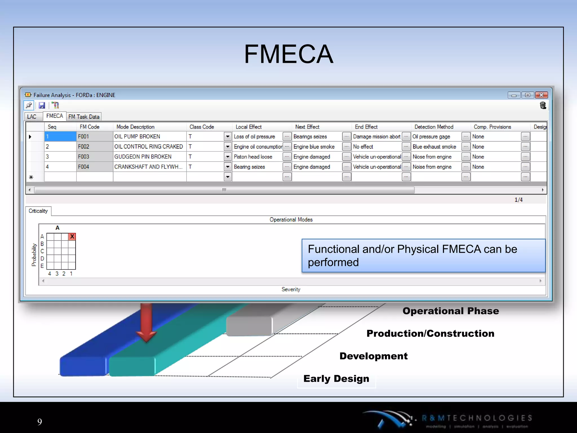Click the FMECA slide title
coord(288,54)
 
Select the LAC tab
coord(32,117)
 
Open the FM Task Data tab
coord(84,117)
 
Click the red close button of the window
coord(541,95)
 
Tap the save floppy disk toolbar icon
coord(42,105)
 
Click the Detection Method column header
coord(434,127)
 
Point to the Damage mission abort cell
coord(377,137)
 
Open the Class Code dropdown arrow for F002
coord(228,147)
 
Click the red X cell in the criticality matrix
coord(72,237)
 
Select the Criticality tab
coord(38,211)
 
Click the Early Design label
coord(336,379)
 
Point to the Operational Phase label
coord(450,311)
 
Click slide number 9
coord(40,422)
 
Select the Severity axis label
coord(291,290)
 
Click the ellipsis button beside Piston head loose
coord(287,157)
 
